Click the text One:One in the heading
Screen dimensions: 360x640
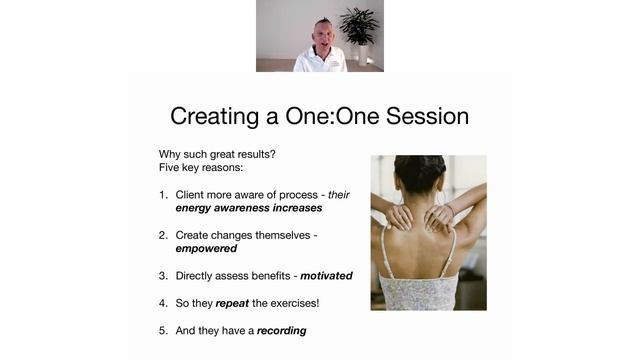318,116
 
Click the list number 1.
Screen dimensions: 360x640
163,194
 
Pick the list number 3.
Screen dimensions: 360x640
163,276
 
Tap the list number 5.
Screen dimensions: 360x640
163,330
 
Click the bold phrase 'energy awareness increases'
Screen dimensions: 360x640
249,208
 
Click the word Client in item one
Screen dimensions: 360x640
194,194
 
